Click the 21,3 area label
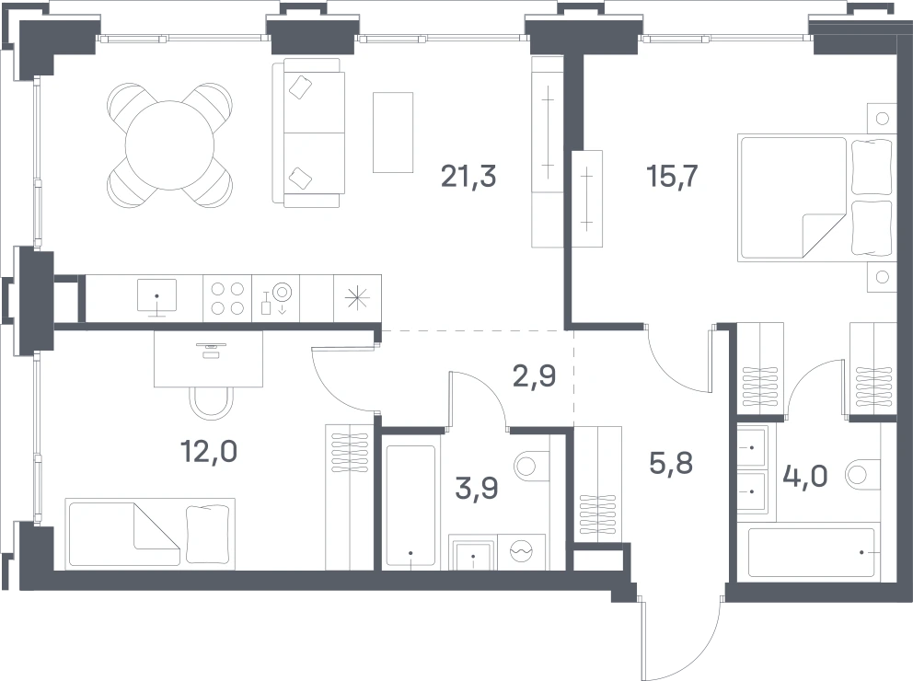[x=468, y=176]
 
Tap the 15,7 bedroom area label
[x=672, y=176]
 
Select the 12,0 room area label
[x=208, y=451]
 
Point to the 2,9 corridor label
[x=534, y=376]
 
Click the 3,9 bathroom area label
[x=477, y=488]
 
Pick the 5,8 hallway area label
[x=671, y=463]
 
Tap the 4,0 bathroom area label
[x=805, y=476]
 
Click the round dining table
[x=170, y=145]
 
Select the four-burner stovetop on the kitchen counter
[x=227, y=298]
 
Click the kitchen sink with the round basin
[x=275, y=298]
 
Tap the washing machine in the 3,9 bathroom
[x=521, y=552]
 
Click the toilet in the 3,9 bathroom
[x=532, y=465]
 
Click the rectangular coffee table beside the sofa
[x=393, y=133]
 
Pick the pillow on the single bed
[x=207, y=534]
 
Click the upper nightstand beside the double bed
[x=882, y=118]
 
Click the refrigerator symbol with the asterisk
[x=357, y=298]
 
